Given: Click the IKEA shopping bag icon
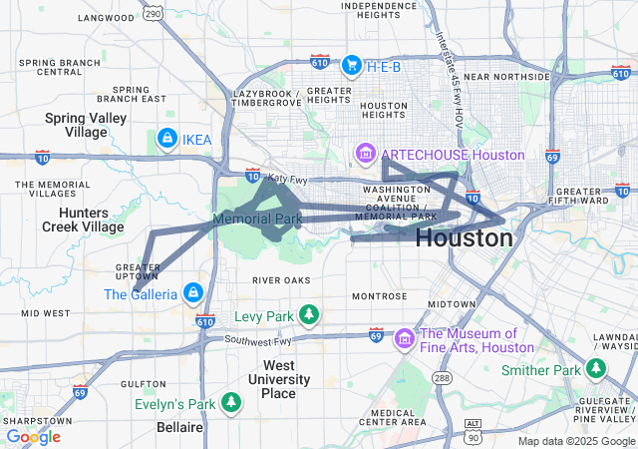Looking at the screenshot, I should tap(167, 138).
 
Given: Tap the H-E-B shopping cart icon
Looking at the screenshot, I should tap(351, 65).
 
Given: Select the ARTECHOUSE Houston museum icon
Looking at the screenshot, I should tap(366, 155).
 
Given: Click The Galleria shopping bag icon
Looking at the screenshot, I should tap(192, 293).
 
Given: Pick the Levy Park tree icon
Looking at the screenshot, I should tap(309, 316).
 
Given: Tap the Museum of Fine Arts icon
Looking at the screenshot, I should tap(404, 340).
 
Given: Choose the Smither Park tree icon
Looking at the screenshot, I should tap(596, 370).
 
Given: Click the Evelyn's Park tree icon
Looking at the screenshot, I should tap(231, 403).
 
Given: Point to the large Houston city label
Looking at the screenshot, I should tap(464, 238).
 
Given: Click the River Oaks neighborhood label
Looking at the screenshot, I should tap(281, 280).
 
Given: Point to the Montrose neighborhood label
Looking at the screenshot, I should tap(379, 296).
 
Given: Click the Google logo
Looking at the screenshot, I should tap(33, 436).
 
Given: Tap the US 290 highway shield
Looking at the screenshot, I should tap(151, 12).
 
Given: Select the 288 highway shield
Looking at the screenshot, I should tap(442, 378).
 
